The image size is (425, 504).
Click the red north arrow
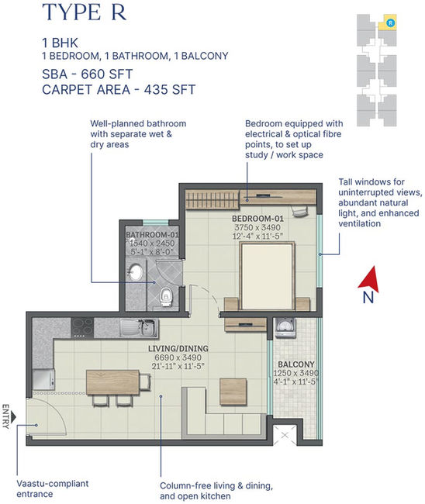coord(369,280)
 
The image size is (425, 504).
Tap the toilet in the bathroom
coord(166,296)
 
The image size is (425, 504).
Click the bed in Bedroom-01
coord(268,276)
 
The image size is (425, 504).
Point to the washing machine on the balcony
coord(285,328)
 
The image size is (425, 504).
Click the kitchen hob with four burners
coord(82,327)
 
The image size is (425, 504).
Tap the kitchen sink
coord(139,327)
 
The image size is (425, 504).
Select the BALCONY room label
coord(296,364)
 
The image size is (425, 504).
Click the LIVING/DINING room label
coord(178,348)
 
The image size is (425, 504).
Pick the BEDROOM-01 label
coord(257,219)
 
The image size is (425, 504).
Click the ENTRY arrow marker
coord(13,417)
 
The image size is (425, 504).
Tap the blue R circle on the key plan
coord(390,22)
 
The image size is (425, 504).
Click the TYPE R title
coord(85,12)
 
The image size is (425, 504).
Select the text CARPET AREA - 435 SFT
coord(119,90)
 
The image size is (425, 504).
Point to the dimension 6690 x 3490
coord(178,357)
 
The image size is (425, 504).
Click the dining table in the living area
coord(112,382)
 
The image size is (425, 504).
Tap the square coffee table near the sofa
coord(233,392)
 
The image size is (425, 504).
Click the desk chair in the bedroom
coord(299,211)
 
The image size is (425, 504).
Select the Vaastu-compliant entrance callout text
coord(53,488)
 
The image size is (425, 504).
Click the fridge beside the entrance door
coord(44,380)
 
